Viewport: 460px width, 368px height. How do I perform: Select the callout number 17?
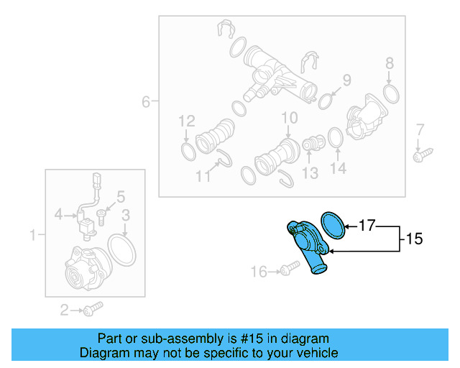[x=366, y=226]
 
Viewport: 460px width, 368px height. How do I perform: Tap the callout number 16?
[x=258, y=271]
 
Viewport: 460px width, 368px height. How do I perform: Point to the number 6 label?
[x=146, y=102]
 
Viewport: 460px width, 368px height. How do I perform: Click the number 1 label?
[x=32, y=234]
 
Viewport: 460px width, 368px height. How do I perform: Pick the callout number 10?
[x=289, y=117]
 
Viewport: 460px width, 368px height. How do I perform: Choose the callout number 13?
[x=310, y=172]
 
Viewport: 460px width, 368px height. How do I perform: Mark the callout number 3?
[x=125, y=214]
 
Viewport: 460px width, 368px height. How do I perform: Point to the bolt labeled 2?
[x=92, y=309]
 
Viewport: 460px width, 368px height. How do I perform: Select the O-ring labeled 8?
[x=391, y=93]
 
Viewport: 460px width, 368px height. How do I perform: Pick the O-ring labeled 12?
[x=186, y=152]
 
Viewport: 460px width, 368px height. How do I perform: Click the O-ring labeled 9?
[x=325, y=98]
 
